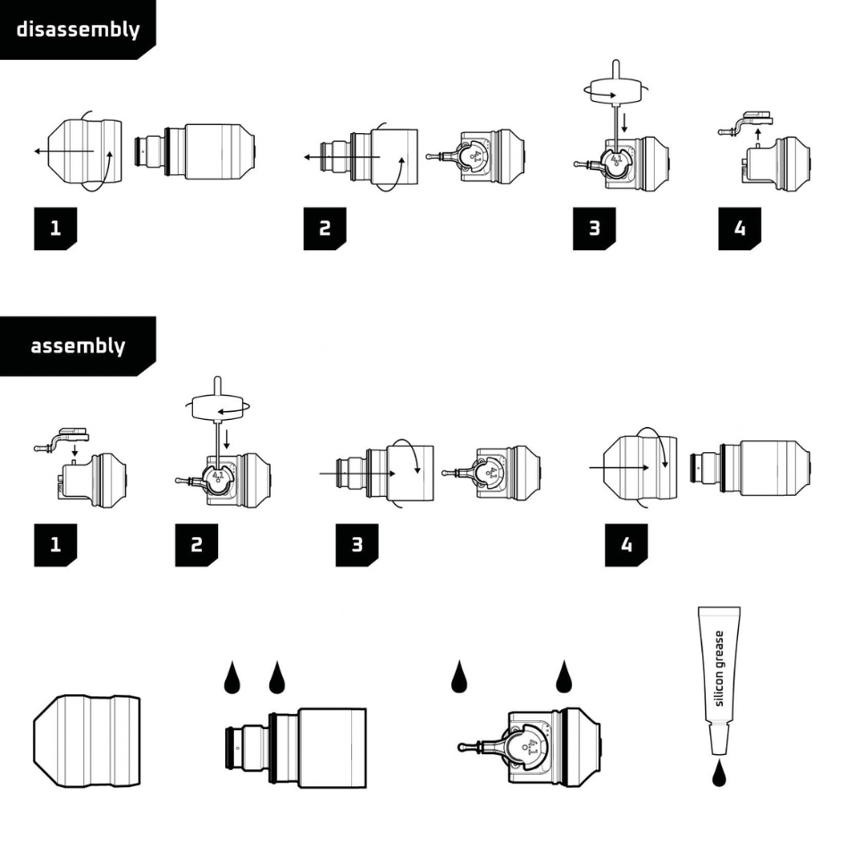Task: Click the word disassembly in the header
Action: point(79,29)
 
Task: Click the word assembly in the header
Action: point(78,346)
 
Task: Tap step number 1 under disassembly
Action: point(55,228)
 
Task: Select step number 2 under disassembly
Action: point(324,228)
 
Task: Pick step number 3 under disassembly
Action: point(594,228)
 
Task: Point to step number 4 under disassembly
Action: point(740,228)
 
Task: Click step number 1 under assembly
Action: point(55,544)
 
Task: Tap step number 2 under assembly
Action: point(197,544)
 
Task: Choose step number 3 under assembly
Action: point(357,544)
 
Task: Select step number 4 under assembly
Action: point(626,544)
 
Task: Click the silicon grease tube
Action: point(719,680)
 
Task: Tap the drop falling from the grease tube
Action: point(719,774)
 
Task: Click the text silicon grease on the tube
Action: point(719,668)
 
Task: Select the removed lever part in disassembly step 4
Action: point(745,123)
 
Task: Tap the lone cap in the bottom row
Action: point(87,741)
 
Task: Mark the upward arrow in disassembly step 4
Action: point(758,135)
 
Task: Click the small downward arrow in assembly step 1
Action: point(74,450)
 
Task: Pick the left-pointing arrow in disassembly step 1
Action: point(64,151)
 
